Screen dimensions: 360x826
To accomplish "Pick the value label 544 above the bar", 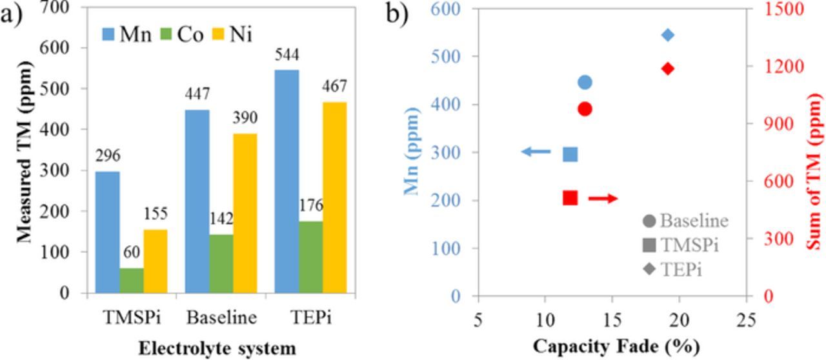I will (x=287, y=57).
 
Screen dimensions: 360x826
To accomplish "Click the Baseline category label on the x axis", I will (x=221, y=317).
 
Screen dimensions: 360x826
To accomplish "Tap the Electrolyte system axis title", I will (x=216, y=348).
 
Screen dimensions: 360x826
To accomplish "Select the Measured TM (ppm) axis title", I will (x=25, y=151).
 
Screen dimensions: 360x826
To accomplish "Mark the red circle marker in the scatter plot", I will (x=585, y=109).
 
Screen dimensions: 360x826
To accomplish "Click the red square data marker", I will (x=570, y=197).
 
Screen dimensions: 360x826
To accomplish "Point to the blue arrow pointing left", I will (x=536, y=152).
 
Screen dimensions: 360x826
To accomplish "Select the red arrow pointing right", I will (x=603, y=199).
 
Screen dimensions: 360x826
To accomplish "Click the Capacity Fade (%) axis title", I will (x=616, y=347).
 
